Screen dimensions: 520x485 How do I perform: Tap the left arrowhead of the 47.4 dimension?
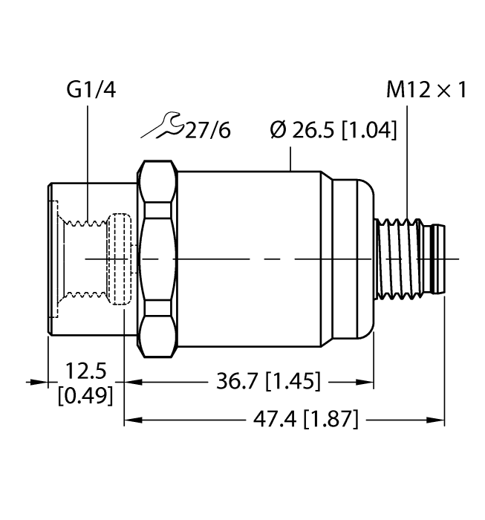click(x=129, y=420)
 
